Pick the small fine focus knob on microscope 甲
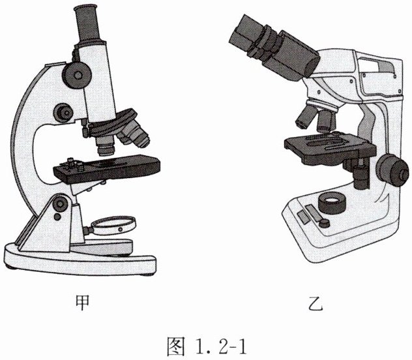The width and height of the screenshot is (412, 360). pyautogui.click(x=63, y=112)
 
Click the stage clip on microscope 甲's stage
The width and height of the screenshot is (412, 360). pyautogui.click(x=72, y=164)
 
